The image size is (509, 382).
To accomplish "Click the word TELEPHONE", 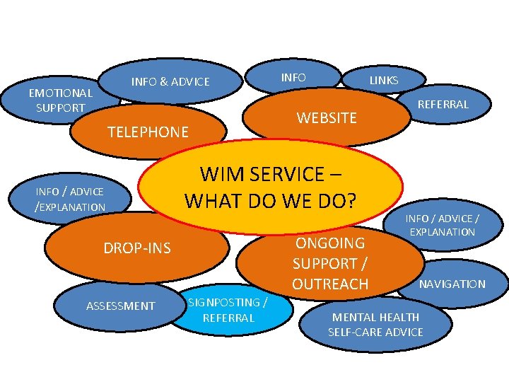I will click(x=148, y=132).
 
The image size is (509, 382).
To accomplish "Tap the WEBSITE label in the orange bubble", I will click(x=327, y=118).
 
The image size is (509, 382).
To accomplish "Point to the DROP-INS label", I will click(x=137, y=249).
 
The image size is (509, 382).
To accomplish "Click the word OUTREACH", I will click(x=330, y=284).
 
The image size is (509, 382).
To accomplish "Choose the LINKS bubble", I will click(x=384, y=81).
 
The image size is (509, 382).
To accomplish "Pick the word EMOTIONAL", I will click(x=60, y=93).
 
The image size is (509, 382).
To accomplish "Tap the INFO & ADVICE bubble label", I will click(x=170, y=82).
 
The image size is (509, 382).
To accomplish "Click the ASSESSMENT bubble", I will click(x=120, y=306).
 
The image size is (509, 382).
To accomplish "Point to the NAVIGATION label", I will click(x=452, y=284).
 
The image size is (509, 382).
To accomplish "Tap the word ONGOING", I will click(x=330, y=243).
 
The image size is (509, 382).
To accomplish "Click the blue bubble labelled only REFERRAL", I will click(x=443, y=105).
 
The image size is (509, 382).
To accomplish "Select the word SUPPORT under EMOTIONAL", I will click(x=60, y=108).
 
